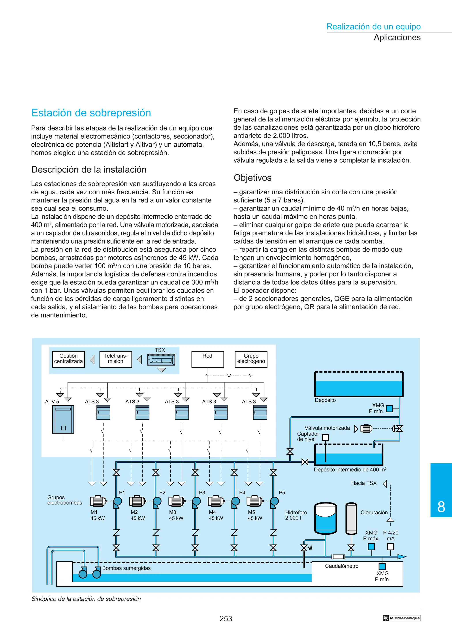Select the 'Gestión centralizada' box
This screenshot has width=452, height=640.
tap(68, 359)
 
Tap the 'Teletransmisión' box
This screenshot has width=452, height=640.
tap(116, 359)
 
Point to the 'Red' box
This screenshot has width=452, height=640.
tap(207, 359)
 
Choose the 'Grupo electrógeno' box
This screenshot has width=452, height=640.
tap(251, 359)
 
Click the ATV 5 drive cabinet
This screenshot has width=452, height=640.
tap(63, 419)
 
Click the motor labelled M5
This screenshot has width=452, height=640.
tap(254, 501)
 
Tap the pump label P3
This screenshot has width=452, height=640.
tap(202, 492)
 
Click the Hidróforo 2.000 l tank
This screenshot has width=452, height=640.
tap(325, 518)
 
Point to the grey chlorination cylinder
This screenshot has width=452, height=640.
tap(351, 519)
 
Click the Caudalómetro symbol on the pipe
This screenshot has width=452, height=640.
tap(338, 557)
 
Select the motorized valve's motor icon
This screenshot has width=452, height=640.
tap(366, 428)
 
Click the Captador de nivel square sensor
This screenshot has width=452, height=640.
tap(325, 437)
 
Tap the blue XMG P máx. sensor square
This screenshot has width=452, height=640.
tap(371, 547)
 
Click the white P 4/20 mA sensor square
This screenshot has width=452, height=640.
tap(390, 547)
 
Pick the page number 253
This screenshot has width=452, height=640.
tap(226, 619)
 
